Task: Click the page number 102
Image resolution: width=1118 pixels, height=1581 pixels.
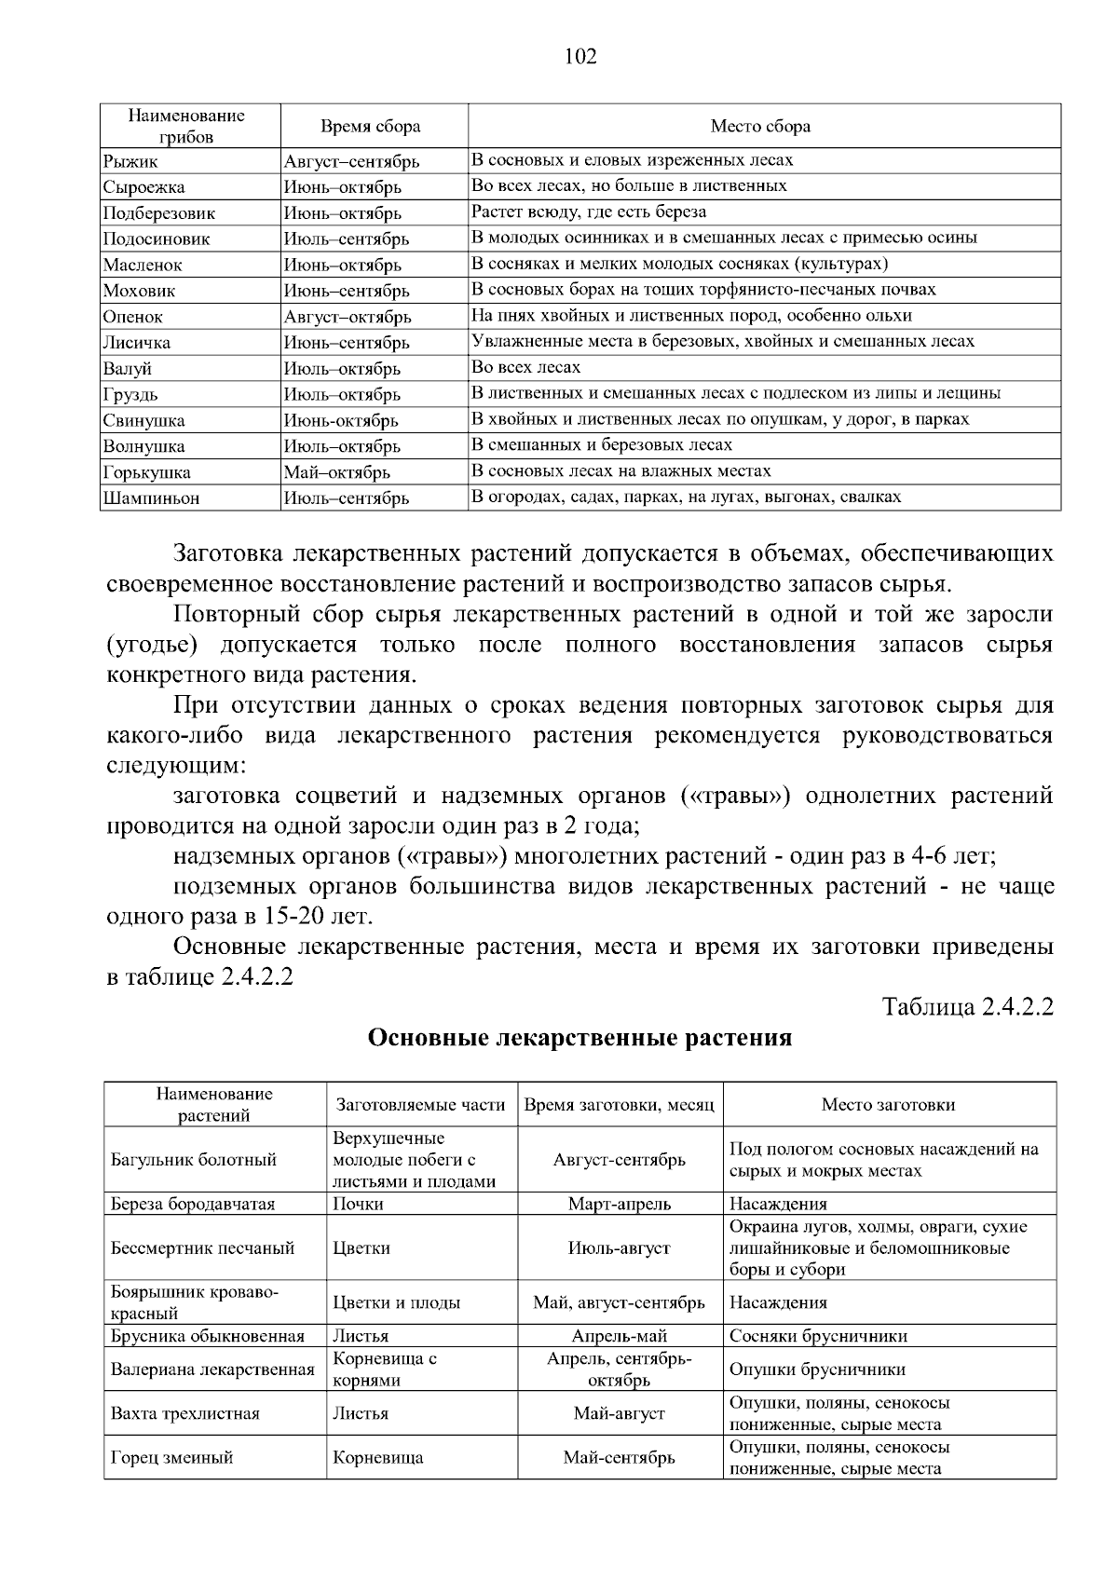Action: [580, 57]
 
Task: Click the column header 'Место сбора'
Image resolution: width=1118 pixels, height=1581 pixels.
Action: [760, 127]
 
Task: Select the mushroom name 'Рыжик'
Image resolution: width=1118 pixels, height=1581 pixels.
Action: [130, 162]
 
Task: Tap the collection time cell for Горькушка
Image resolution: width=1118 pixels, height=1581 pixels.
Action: [336, 472]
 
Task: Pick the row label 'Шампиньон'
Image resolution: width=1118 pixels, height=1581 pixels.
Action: [151, 498]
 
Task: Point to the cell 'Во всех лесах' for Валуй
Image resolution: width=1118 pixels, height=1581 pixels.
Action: [526, 367]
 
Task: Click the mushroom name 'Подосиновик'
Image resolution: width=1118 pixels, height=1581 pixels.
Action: [157, 239]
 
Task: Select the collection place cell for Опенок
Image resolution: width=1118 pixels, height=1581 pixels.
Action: [691, 316]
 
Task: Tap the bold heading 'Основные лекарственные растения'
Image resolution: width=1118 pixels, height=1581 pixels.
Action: [579, 1038]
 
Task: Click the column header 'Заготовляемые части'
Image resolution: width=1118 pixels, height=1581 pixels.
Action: [420, 1105]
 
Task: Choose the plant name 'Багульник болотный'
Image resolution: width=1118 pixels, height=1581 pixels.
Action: [194, 1160]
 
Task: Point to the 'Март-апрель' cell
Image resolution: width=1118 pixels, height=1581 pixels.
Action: [619, 1204]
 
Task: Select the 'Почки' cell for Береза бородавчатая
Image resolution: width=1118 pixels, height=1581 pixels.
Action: [358, 1204]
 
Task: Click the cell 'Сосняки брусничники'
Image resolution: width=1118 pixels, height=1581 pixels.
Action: [818, 1336]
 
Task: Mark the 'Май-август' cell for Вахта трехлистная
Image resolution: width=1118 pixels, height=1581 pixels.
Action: [619, 1413]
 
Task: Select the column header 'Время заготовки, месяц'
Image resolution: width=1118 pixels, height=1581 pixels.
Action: [619, 1105]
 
